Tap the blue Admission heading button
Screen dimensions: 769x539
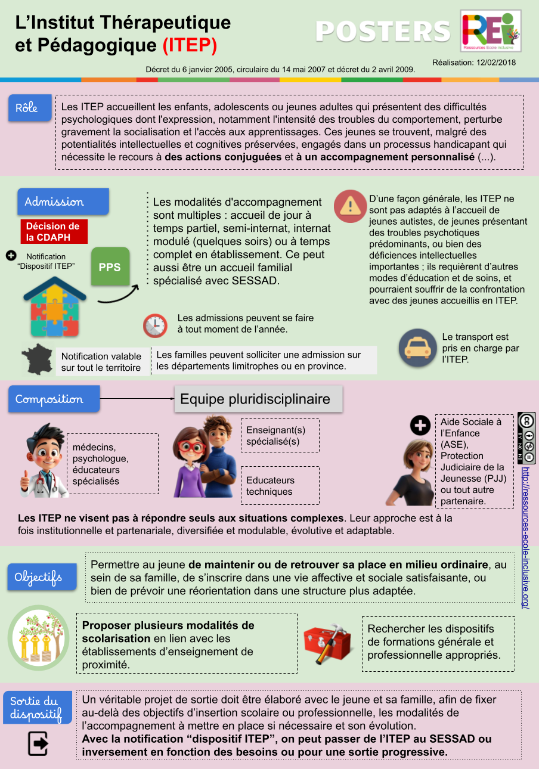(63, 201)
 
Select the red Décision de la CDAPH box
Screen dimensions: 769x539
(54, 231)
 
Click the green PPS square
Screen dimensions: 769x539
(110, 267)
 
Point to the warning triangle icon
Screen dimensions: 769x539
(350, 206)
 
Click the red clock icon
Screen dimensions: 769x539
(155, 325)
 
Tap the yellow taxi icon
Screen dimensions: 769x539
(418, 348)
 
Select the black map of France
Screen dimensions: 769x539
(38, 359)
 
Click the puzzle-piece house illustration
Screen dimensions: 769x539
(51, 309)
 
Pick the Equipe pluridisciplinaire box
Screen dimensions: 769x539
(258, 399)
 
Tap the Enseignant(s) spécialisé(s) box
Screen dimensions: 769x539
(280, 436)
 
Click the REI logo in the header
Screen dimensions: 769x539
(490, 30)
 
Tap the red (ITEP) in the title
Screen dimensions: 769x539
(190, 45)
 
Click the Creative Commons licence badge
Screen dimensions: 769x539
(526, 438)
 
